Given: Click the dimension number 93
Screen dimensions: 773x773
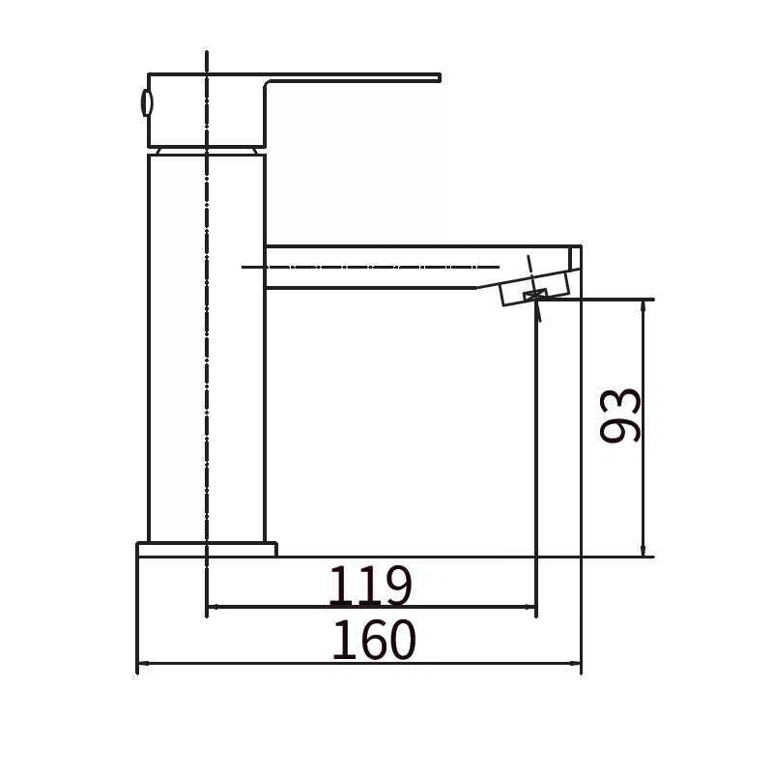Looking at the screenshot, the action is [x=620, y=415].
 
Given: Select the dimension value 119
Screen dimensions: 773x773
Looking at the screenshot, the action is [x=370, y=585].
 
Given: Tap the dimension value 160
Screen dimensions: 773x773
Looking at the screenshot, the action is [x=375, y=640].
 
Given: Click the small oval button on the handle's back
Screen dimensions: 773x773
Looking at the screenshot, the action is [x=147, y=103].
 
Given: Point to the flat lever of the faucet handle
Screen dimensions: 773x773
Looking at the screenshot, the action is [x=353, y=79].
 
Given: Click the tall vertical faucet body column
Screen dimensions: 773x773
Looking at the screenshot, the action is [x=207, y=348].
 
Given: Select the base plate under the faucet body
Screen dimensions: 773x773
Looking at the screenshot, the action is [x=207, y=550].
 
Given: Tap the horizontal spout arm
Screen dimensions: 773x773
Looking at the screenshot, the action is [x=419, y=267].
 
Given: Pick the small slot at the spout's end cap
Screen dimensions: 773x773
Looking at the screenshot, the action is [x=574, y=258].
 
